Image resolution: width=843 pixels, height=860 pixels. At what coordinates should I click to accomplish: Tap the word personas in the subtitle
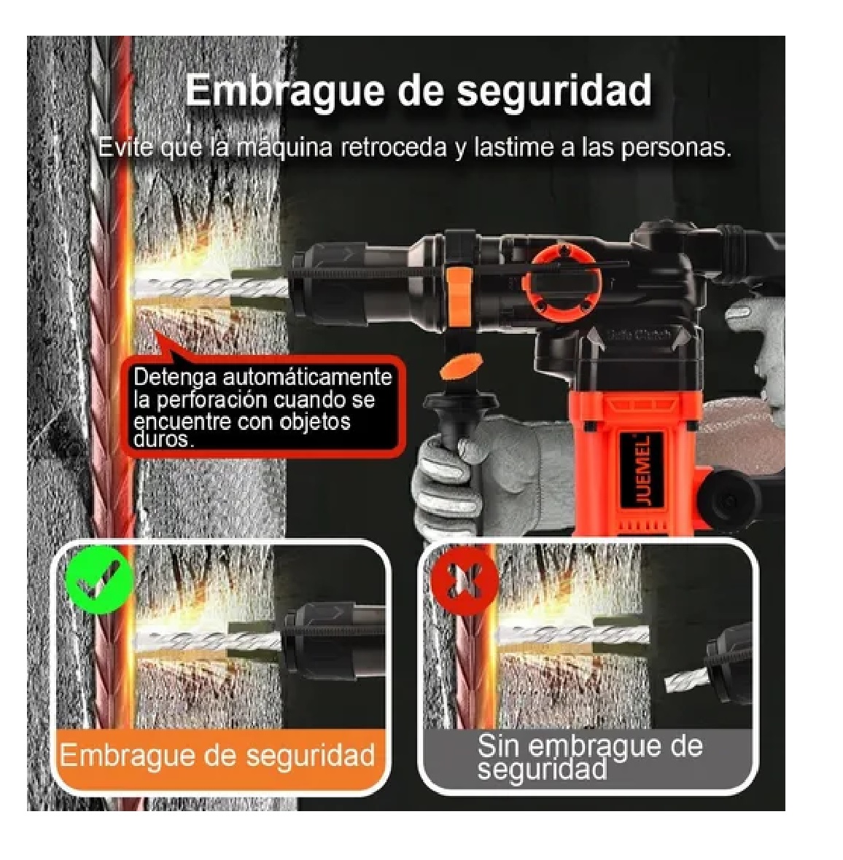coord(676,147)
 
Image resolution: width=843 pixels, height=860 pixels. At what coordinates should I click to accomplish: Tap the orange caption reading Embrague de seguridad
coord(217,754)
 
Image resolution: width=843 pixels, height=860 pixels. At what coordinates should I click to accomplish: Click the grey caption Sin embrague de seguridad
coord(589,757)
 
